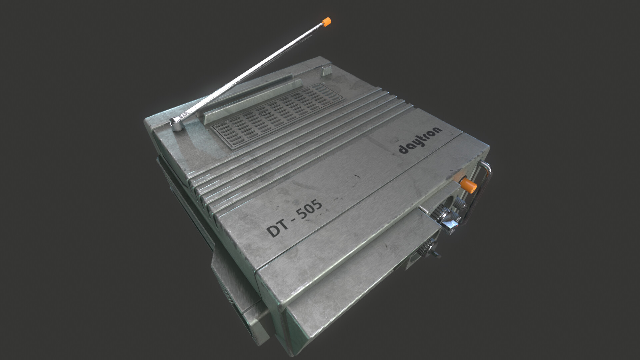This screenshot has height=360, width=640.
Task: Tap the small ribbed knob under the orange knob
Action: tap(459, 202)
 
